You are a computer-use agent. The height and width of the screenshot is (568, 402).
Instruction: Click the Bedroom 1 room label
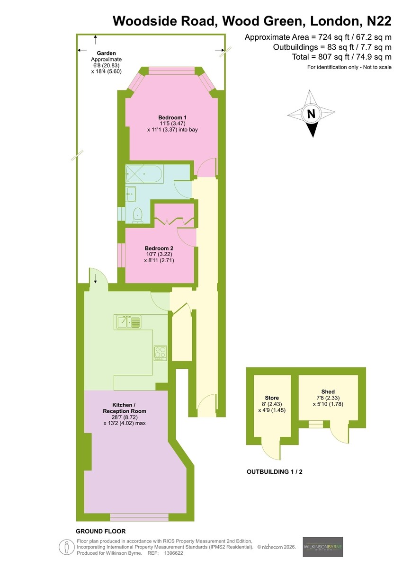[x=172, y=117]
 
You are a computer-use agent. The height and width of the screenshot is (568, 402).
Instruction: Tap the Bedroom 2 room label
[x=159, y=248]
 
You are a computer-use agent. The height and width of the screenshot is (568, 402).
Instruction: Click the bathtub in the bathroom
[x=144, y=174]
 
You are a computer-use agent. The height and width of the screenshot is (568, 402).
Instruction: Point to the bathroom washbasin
[x=131, y=194]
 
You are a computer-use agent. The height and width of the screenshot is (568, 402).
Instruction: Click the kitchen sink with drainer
[x=129, y=322]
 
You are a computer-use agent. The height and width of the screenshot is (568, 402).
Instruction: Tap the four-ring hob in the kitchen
[x=161, y=354]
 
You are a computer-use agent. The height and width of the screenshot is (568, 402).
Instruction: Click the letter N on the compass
[x=311, y=114]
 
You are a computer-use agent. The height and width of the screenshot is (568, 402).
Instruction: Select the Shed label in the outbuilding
[x=328, y=391]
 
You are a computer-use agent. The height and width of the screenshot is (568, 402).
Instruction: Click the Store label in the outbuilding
[x=272, y=398]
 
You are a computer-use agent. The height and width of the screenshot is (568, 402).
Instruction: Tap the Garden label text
[x=106, y=53]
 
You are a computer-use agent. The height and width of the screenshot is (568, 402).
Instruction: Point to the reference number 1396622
[x=173, y=553]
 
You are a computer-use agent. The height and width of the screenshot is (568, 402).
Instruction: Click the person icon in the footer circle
[x=67, y=547]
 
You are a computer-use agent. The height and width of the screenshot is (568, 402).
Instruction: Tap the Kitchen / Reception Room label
[x=125, y=408]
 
